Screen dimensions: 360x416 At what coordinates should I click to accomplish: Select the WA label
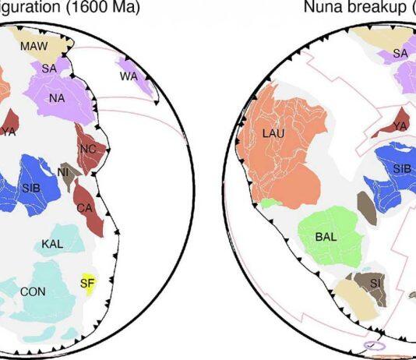129,76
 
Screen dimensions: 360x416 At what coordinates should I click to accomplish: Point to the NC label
88,149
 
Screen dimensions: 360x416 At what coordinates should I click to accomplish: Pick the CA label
85,208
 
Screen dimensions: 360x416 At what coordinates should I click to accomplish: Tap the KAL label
53,244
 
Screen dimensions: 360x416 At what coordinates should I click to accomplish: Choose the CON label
33,291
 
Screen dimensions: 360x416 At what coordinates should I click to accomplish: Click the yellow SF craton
86,284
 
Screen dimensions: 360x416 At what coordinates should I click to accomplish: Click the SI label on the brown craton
375,281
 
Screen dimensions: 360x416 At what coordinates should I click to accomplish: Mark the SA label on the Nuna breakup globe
400,53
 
